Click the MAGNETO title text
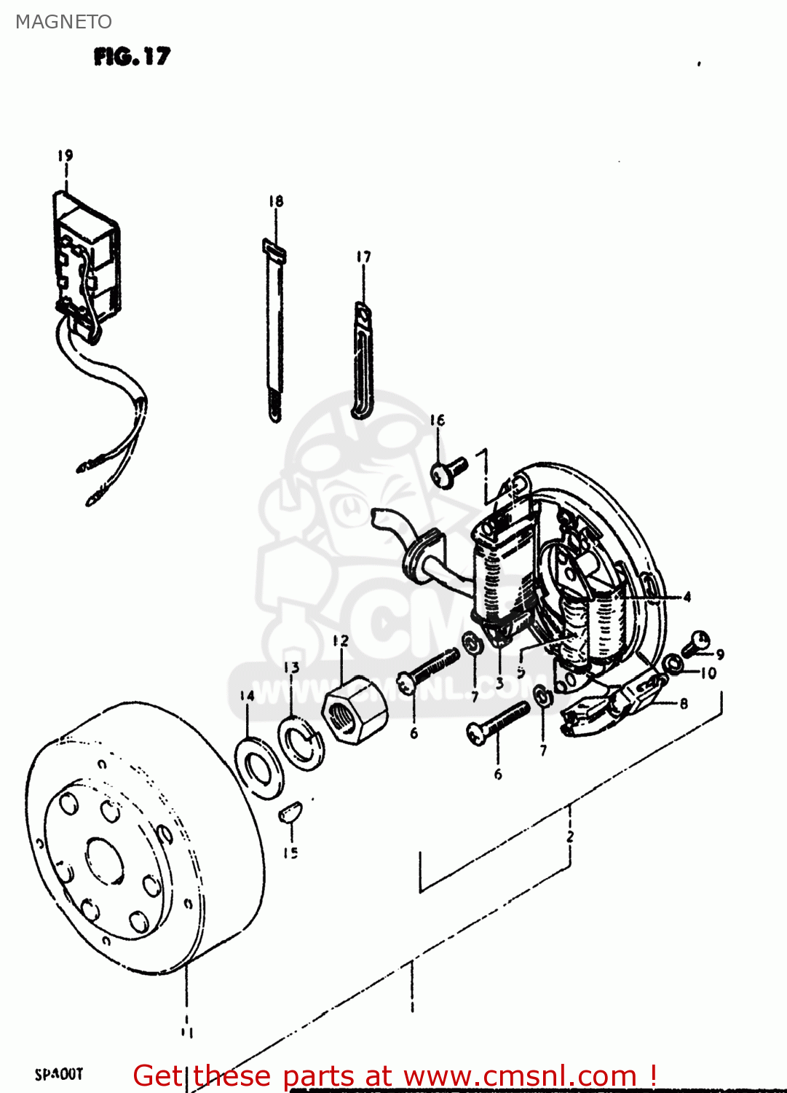click(x=63, y=22)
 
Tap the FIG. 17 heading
click(x=132, y=56)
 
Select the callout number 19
click(x=66, y=155)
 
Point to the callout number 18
click(x=275, y=201)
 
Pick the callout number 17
click(x=363, y=256)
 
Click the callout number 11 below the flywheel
click(x=186, y=1032)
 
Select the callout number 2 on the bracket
click(x=570, y=837)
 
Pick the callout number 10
click(x=708, y=673)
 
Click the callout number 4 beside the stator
click(x=687, y=598)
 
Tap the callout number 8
click(x=684, y=704)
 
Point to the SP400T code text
click(x=59, y=1074)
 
